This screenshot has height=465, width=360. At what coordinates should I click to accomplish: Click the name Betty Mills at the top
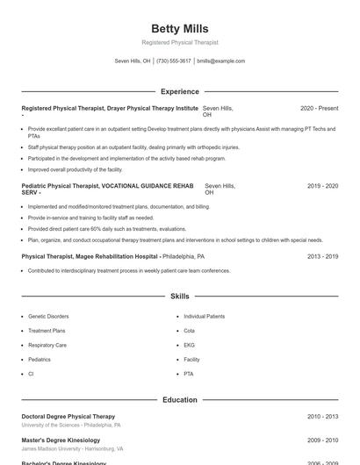[179, 29]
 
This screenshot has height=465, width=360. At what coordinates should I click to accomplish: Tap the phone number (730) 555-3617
[174, 61]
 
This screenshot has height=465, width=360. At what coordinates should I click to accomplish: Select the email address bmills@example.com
[221, 61]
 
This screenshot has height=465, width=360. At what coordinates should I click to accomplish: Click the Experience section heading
[179, 91]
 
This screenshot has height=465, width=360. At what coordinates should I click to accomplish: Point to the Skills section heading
[179, 297]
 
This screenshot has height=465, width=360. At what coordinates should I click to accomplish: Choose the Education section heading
[179, 400]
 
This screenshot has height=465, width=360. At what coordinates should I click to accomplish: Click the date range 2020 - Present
[319, 108]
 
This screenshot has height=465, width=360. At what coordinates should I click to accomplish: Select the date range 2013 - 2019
[322, 256]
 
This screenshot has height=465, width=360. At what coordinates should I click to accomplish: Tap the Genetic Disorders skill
[48, 316]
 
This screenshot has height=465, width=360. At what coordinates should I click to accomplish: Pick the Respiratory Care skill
[47, 345]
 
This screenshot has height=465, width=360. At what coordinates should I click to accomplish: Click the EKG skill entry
[189, 345]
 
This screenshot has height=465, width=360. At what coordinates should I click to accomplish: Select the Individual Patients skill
[204, 316]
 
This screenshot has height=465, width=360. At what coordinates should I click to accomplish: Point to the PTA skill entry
[189, 374]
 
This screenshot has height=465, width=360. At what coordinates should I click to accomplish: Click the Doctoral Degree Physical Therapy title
[68, 416]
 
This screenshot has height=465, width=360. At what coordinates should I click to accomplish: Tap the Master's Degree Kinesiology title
[61, 440]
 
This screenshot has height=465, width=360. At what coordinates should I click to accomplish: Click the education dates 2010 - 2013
[322, 417]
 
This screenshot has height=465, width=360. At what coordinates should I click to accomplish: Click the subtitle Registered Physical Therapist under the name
[179, 42]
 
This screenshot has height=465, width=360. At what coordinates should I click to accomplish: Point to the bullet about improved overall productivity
[76, 169]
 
